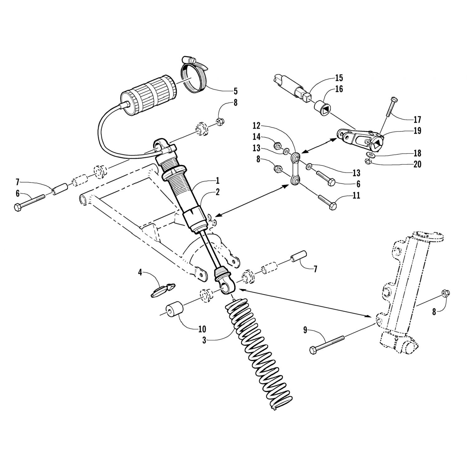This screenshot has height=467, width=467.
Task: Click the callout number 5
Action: click(235, 91)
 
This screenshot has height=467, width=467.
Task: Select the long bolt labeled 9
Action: click(327, 343)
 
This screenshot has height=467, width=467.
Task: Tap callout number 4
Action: click(140, 273)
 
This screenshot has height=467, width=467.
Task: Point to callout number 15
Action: click(339, 77)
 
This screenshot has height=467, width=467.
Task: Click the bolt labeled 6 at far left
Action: click(30, 204)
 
